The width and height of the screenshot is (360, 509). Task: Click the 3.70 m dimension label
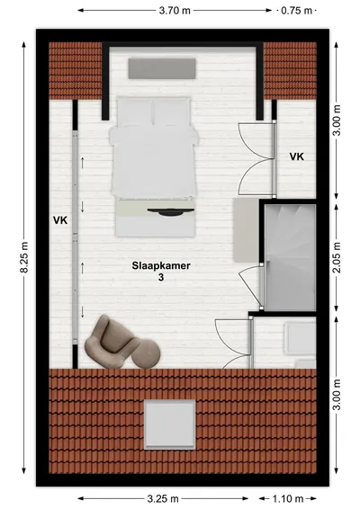coord(175,11)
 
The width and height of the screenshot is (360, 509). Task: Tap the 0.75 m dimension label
coord(296,11)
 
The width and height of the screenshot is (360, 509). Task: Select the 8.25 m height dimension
coord(24,257)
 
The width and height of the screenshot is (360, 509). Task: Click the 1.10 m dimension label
coord(287,498)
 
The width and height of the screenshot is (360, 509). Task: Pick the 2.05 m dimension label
coord(337,257)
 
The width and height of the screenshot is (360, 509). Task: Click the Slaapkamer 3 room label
coord(161,271)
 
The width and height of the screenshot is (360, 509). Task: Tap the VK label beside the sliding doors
coord(60,220)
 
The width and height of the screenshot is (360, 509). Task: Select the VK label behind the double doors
coord(297,156)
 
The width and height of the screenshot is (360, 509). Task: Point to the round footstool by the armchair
coord(146,353)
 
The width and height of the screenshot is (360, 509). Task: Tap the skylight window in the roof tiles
coord(170,424)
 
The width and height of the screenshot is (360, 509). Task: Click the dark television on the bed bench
coord(171,212)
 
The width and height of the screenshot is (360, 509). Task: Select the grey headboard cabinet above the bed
coord(162,68)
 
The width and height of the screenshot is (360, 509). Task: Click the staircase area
coord(290,258)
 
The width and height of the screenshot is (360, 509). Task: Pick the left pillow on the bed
coord(134,111)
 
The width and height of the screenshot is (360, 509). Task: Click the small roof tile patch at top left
coord(76,70)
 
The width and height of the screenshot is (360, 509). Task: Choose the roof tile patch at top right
coord(290,70)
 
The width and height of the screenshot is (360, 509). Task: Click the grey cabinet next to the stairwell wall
coord(246,230)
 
